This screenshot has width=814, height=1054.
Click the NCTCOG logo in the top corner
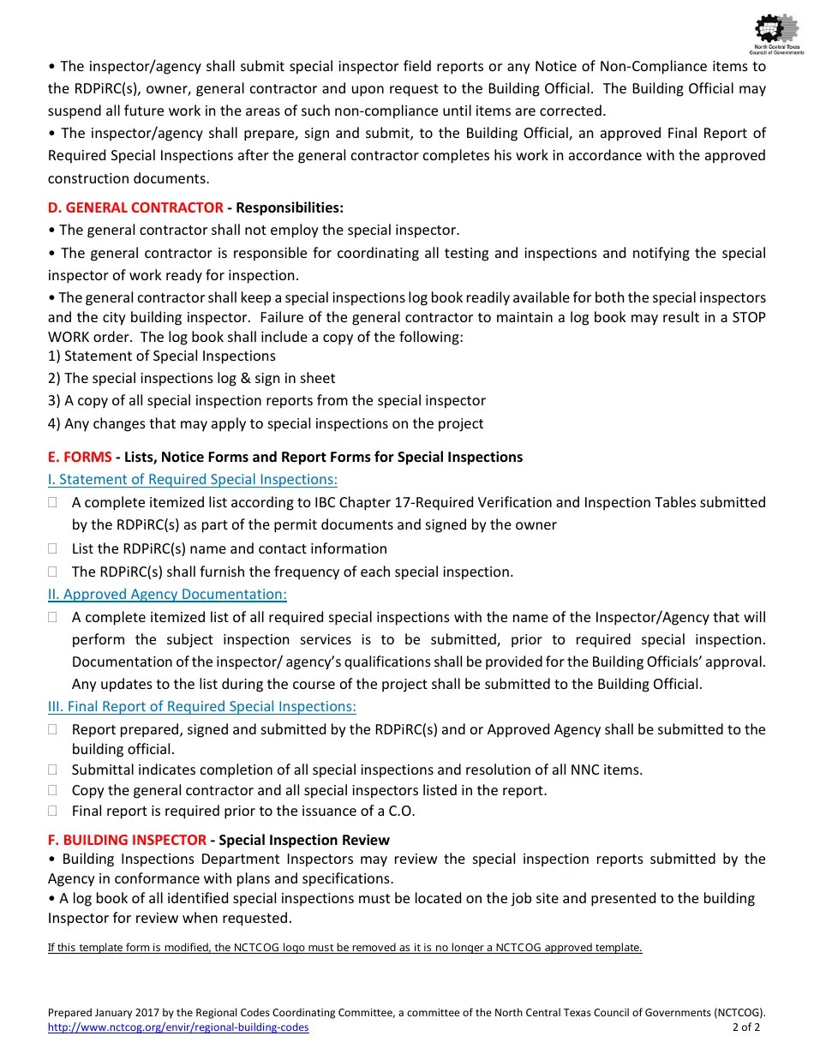tap(776, 34)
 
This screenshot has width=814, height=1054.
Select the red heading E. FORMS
tap(80, 457)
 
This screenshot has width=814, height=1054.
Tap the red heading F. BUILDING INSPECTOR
tap(127, 840)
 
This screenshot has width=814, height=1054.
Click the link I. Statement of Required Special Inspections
tap(193, 480)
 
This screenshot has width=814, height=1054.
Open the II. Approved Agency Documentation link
tap(167, 594)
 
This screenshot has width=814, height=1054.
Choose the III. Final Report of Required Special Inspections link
tap(202, 706)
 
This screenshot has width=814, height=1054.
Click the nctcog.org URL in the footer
tap(178, 1027)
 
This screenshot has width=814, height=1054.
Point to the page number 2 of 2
tap(745, 1027)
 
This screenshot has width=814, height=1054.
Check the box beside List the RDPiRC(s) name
tap(53, 548)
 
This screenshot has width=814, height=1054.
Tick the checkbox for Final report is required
tap(53, 811)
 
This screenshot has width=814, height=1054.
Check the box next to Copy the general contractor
tap(53, 790)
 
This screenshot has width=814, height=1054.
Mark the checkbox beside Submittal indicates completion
tap(53, 770)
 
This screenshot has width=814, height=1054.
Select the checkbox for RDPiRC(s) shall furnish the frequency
tap(53, 572)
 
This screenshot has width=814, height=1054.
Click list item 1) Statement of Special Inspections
tap(162, 356)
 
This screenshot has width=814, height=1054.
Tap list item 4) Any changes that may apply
tap(266, 423)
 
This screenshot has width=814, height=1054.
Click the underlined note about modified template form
tap(344, 947)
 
